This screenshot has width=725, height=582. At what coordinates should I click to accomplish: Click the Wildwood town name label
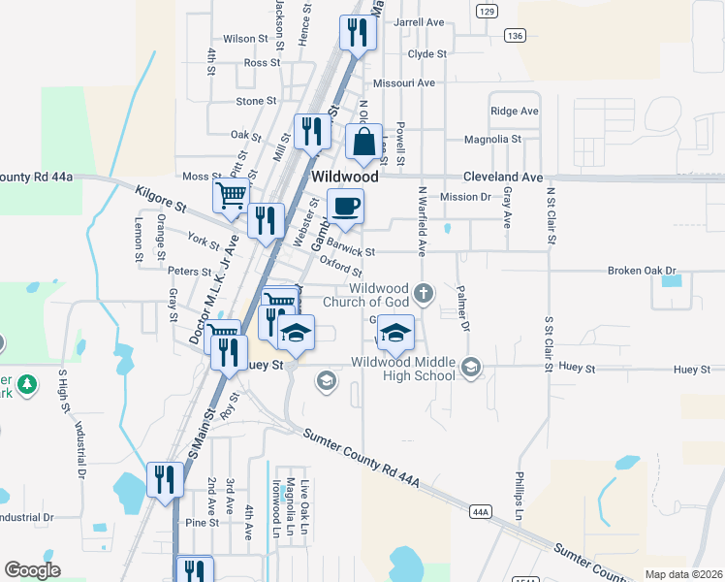[x=344, y=178]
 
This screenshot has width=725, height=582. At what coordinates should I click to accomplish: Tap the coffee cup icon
[x=345, y=206]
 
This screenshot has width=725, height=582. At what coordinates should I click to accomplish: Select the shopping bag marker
[x=363, y=142]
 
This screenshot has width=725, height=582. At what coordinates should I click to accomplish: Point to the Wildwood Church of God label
[x=379, y=295]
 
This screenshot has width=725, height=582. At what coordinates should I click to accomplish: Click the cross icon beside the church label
[x=423, y=292]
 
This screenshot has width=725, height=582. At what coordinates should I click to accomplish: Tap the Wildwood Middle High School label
[x=403, y=369]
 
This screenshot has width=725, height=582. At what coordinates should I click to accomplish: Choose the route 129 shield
[x=487, y=11]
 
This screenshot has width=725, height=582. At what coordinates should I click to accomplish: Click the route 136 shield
[x=514, y=35]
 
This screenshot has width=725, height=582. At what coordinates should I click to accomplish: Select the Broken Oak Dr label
[x=640, y=271]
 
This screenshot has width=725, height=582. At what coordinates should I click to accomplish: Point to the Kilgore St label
[x=160, y=200]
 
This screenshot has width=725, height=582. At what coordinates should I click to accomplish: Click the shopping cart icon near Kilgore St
[x=231, y=195]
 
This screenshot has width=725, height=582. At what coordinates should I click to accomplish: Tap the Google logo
[x=32, y=570]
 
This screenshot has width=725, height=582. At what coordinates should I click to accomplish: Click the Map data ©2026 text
[x=683, y=574]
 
